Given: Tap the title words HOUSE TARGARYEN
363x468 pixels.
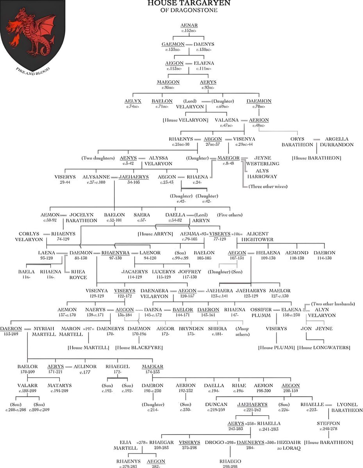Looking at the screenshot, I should tap(189, 4).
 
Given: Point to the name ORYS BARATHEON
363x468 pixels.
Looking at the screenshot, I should tap(297, 142).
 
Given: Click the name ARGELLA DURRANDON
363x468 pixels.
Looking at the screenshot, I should tap(337, 142).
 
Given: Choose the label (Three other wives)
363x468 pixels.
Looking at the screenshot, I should tap(268, 186).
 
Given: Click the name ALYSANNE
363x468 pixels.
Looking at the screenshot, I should tap(95, 177).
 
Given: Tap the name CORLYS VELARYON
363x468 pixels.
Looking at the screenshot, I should tap(29, 236).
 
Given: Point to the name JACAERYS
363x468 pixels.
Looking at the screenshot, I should tap(134, 271).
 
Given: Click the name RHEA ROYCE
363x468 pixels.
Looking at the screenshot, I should tap(78, 275).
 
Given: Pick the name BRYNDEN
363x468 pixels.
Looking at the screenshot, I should tap(191, 328).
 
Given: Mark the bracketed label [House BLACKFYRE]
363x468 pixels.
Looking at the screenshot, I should tap(139, 347).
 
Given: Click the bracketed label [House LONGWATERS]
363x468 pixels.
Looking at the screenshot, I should tap(324, 347).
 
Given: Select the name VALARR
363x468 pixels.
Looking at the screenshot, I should tap(27, 385).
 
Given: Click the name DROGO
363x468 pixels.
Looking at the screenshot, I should tap(214, 442).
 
